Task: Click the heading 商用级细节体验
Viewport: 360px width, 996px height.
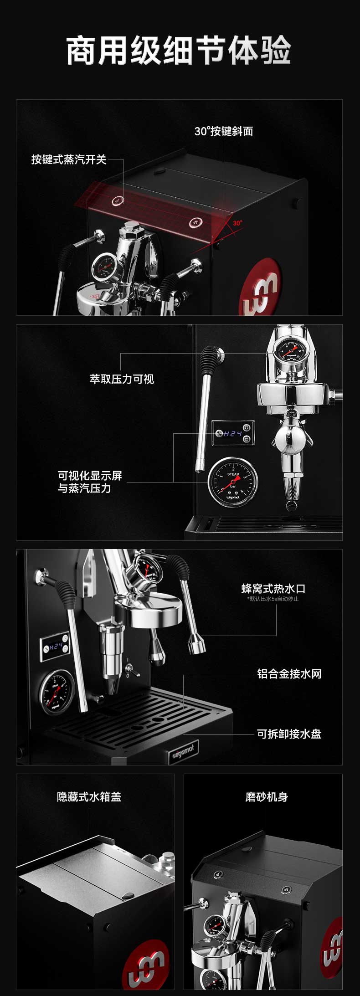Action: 179,51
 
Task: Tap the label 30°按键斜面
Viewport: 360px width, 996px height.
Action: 223,131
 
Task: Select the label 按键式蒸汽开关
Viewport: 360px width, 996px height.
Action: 69,159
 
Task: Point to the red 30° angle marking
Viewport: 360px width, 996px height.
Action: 237,223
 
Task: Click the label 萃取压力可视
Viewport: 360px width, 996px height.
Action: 122,379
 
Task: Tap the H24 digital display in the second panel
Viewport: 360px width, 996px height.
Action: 233,433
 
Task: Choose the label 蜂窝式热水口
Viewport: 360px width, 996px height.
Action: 273,588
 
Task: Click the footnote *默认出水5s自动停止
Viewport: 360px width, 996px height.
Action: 273,599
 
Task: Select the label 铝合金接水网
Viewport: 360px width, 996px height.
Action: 289,674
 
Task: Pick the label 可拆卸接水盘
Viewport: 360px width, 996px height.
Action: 289,734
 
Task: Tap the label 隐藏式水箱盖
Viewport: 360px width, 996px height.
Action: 89,797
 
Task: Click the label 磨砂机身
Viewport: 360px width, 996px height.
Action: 266,797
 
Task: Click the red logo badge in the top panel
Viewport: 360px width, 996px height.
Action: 262,286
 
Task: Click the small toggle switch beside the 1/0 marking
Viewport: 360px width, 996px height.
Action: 130,668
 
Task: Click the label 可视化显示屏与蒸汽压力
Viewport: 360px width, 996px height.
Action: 90,482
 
